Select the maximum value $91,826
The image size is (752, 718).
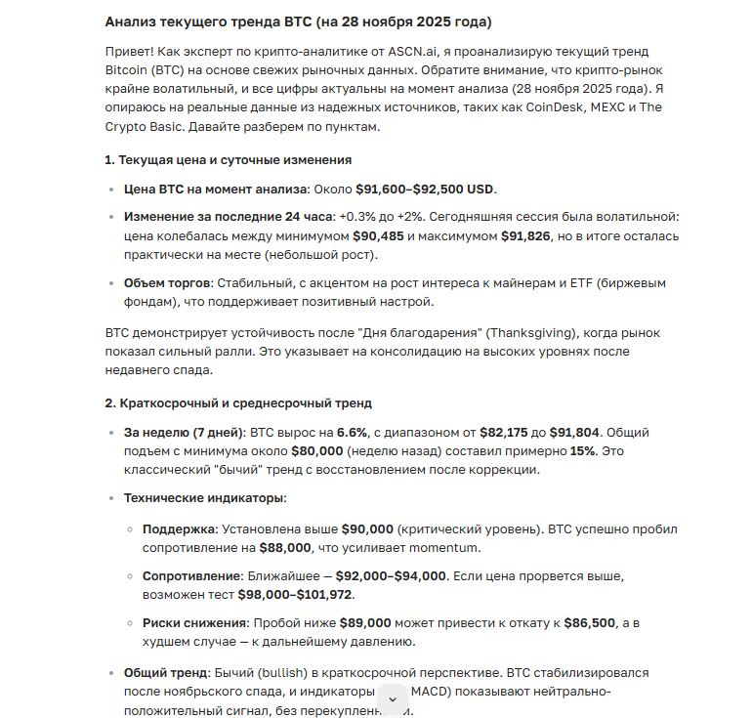(526, 235)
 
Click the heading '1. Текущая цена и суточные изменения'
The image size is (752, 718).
(228, 159)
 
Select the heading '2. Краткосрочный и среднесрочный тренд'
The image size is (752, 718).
(237, 402)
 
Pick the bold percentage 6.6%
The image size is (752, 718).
(353, 432)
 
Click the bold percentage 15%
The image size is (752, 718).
(583, 450)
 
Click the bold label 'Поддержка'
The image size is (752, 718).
(180, 528)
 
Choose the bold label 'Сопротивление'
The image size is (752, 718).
(192, 575)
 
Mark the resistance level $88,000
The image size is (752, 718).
(285, 547)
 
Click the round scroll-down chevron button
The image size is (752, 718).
(393, 698)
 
